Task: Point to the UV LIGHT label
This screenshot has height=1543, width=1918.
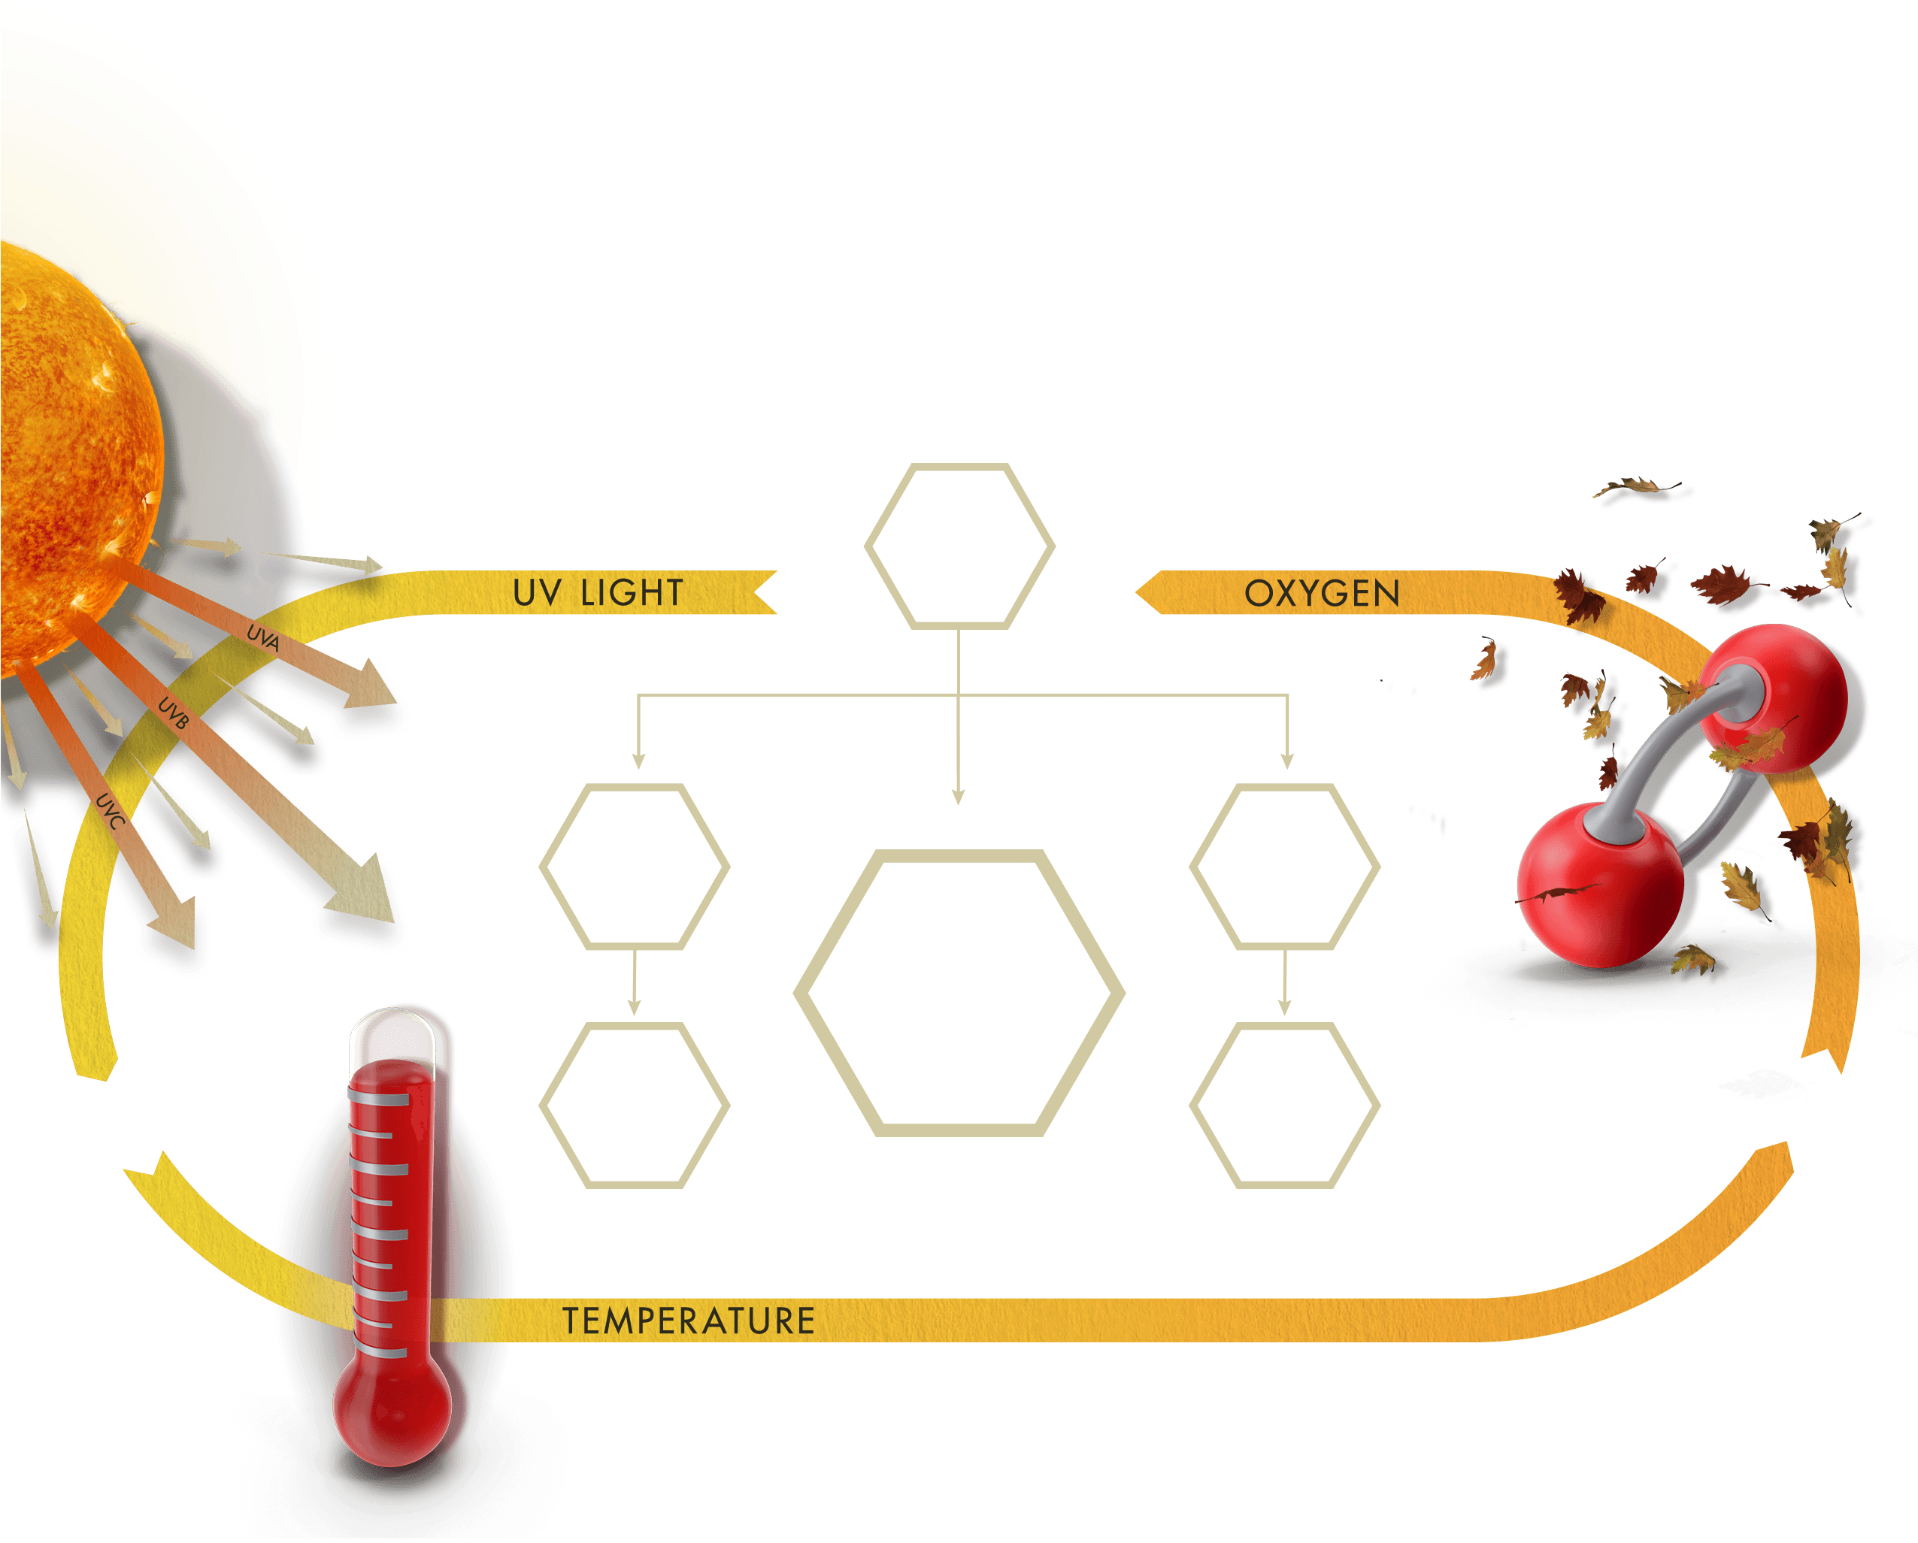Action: click(x=598, y=593)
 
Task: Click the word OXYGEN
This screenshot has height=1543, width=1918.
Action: click(x=1322, y=594)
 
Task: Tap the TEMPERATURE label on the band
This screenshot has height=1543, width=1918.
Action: click(x=689, y=1321)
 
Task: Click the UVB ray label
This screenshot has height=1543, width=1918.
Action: click(x=174, y=713)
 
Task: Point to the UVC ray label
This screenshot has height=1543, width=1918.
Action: click(x=110, y=810)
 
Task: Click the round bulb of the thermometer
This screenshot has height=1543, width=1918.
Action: click(x=392, y=1410)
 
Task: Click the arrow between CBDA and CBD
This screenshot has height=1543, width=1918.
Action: click(x=635, y=984)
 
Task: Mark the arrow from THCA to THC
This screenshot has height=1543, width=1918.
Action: click(x=1285, y=984)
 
